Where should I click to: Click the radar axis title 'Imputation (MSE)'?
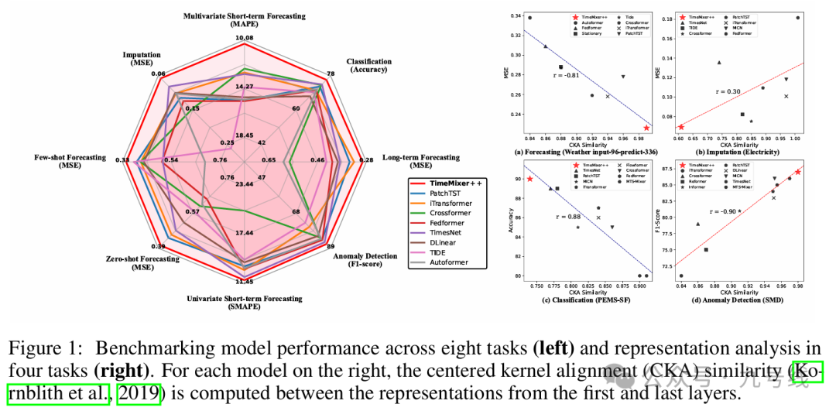click(142, 59)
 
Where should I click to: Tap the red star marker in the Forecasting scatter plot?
click(646, 128)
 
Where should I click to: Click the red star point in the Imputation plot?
click(681, 126)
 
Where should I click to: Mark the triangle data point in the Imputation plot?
click(718, 62)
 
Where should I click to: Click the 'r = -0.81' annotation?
click(567, 75)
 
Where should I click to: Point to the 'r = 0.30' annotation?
click(729, 91)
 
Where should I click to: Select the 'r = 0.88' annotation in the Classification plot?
click(567, 217)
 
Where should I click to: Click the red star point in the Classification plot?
click(530, 179)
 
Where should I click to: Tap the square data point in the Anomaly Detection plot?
click(706, 249)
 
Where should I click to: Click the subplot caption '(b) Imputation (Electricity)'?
click(738, 152)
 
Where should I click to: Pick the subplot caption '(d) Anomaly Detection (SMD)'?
click(738, 300)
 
